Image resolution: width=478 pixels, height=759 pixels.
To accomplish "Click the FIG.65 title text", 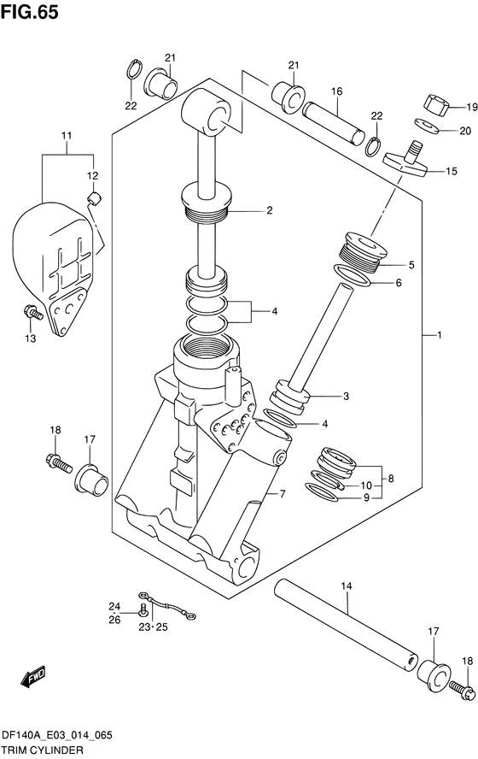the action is coord(30,12).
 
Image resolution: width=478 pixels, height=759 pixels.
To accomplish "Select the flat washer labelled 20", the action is coord(427,126).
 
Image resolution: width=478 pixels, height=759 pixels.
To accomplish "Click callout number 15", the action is coord(451,171).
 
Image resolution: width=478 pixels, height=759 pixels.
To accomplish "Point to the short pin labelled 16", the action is coord(333,122).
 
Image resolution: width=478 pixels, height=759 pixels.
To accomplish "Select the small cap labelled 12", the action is coord(94,197).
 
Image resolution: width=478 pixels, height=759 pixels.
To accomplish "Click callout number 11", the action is coord(67,136).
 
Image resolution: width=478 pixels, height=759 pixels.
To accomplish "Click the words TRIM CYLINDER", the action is coord(42,750).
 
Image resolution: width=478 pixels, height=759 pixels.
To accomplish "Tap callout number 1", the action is coord(440,334).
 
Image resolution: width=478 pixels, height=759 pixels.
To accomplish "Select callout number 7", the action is coord(283,494).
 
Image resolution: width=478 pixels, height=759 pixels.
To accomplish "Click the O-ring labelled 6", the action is coord(353,275).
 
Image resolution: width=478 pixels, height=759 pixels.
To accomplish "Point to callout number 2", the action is coord(269,210).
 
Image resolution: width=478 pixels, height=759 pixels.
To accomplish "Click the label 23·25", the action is coord(154,627).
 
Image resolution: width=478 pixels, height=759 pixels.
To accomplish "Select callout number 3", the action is coord(346,396).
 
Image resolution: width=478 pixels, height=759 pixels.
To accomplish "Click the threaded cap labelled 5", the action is coord(360,251).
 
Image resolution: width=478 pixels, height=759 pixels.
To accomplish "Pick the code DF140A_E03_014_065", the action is coord(57,735).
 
